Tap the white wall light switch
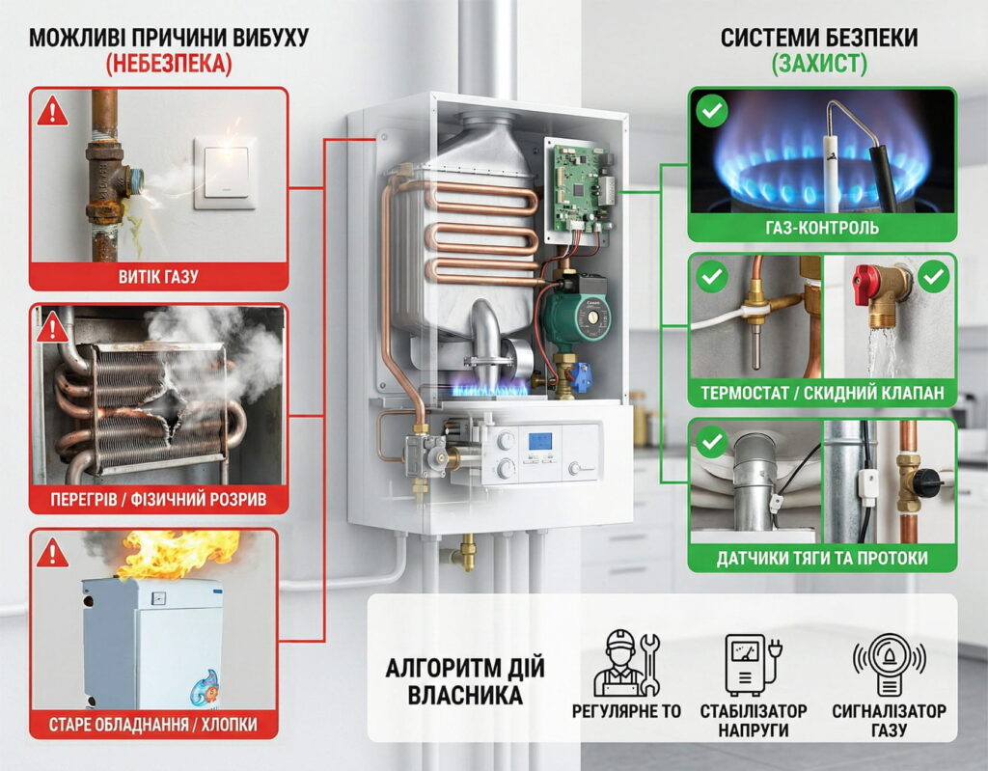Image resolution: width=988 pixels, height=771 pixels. coord(224,173)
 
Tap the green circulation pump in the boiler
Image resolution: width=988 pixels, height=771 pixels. coord(573,312)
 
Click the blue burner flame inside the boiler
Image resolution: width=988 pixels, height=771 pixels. coord(492,388)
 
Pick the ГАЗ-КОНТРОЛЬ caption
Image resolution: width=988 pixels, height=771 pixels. coord(822,228)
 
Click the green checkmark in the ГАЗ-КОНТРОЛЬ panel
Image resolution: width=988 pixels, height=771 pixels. coord(712,112)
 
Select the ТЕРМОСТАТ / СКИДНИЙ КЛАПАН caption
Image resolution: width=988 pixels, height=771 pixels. coord(822,394)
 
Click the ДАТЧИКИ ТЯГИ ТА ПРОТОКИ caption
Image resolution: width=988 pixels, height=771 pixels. coord(822,558)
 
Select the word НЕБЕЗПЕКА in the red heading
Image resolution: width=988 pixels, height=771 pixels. coord(169,65)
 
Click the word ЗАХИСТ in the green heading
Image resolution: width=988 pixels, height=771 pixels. coord(819,65)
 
